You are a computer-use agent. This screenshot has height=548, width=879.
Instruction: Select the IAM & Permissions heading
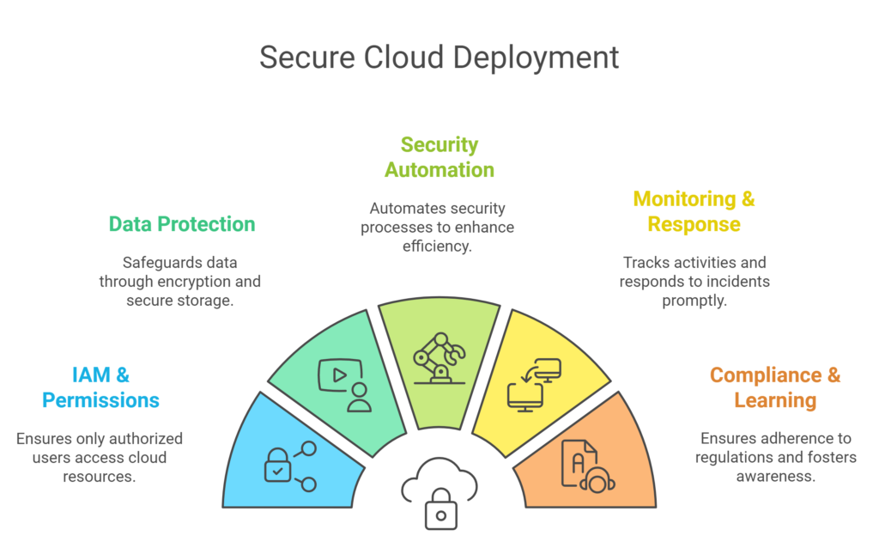[x=100, y=387]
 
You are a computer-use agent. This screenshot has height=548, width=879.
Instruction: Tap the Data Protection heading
[x=182, y=224]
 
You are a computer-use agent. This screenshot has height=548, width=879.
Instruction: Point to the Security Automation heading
[x=439, y=157]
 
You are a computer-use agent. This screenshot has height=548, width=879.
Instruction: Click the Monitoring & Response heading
[x=694, y=211]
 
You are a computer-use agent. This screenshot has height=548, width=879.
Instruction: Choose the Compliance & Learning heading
[x=774, y=387]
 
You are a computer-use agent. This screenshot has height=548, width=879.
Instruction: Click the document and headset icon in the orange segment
[x=587, y=465]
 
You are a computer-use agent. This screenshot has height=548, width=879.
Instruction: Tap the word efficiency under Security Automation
[x=438, y=247]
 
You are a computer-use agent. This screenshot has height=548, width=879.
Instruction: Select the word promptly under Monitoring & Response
[x=693, y=301]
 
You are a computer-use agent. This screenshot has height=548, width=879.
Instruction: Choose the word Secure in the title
[x=306, y=58]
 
